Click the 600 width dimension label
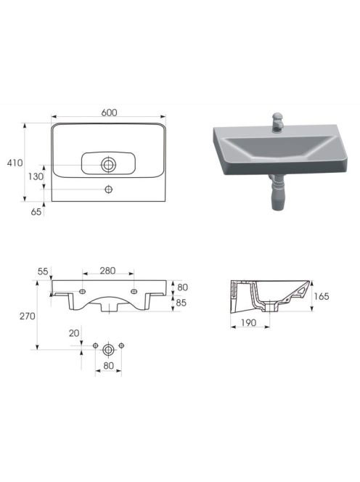(x=109, y=113)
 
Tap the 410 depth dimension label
(x=15, y=163)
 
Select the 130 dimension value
(x=36, y=176)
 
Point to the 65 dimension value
(x=36, y=211)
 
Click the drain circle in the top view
(x=108, y=165)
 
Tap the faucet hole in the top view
(x=109, y=189)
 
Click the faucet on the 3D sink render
(x=277, y=122)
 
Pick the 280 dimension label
(x=107, y=271)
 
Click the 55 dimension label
(x=43, y=271)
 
